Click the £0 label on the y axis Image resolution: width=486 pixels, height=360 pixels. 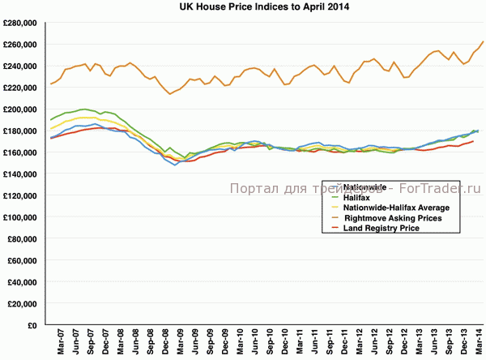coord(35,325)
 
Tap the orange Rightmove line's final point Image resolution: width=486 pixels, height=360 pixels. coord(483,41)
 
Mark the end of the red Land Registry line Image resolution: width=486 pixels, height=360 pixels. coord(473,141)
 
